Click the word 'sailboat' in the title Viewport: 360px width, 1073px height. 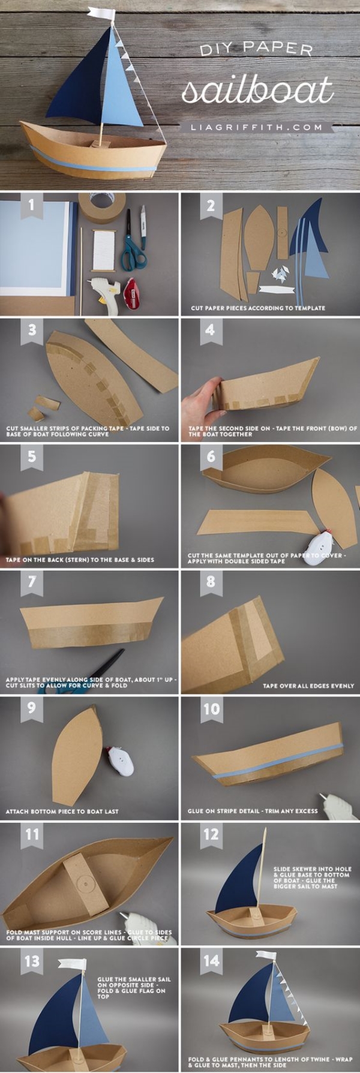coord(257,90)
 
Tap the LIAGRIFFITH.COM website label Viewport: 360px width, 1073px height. coord(256,127)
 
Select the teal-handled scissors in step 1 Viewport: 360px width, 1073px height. coord(134,242)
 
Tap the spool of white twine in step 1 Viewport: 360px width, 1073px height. coord(106,248)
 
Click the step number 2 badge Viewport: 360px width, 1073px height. coord(210,206)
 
